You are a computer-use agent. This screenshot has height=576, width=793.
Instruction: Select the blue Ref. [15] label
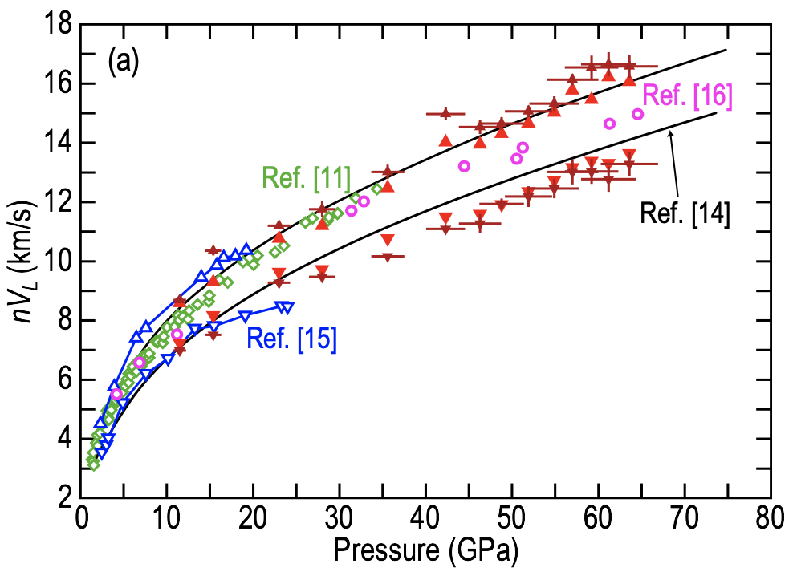click(291, 339)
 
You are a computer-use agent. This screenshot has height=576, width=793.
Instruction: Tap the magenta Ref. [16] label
click(687, 95)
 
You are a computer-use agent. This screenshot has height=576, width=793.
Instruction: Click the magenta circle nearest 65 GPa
click(638, 114)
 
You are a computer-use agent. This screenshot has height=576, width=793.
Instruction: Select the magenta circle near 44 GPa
click(464, 166)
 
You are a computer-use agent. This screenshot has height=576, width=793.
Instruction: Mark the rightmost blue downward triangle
click(288, 306)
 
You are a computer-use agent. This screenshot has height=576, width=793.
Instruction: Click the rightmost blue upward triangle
click(246, 249)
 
